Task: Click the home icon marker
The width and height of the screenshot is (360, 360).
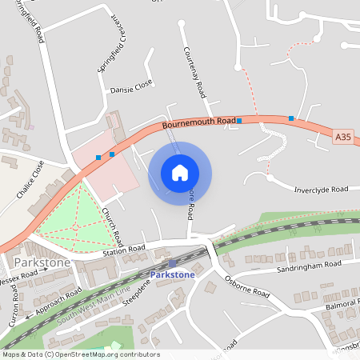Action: (180, 173)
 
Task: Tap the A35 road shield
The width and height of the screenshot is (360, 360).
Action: (343, 138)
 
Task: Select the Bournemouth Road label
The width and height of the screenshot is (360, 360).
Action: (198, 122)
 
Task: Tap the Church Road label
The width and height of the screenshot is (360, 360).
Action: (113, 227)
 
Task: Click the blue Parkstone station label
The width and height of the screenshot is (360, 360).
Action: (172, 275)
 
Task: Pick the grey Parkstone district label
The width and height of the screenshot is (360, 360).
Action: (41, 262)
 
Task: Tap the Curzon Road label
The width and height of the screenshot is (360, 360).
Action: (14, 308)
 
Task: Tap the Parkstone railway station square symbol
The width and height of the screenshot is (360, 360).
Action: (172, 262)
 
